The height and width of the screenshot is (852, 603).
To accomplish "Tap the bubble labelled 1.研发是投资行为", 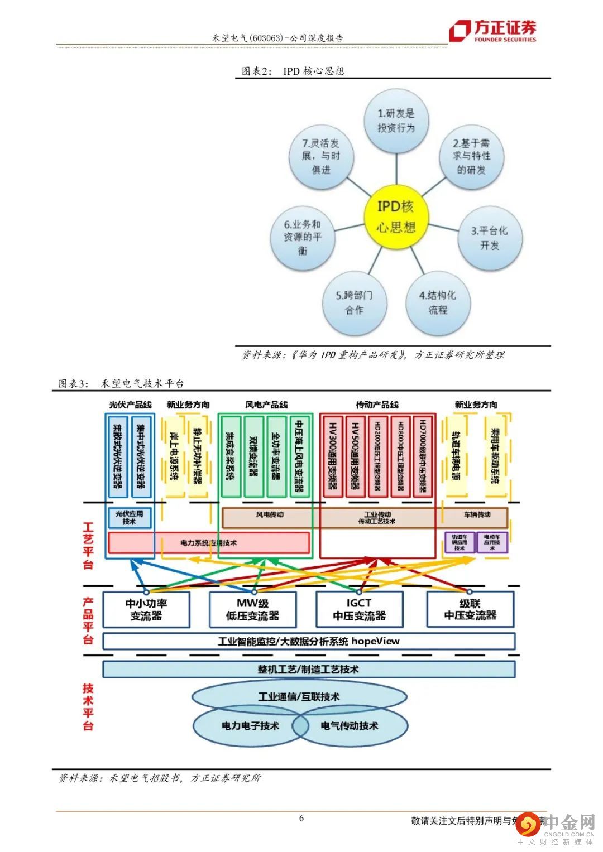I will [x=396, y=121].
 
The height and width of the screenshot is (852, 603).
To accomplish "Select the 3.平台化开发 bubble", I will [x=490, y=238].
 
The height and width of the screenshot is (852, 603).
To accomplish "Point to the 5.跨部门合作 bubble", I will [x=355, y=302].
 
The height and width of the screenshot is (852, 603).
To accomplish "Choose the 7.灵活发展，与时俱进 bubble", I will [x=321, y=156].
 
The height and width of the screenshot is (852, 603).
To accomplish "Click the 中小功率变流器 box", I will [x=146, y=610].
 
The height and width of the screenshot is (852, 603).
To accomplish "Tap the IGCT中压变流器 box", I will [x=359, y=610].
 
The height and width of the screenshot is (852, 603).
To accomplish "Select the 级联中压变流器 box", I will [x=470, y=610].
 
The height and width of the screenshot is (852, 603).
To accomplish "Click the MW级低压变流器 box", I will [x=252, y=610].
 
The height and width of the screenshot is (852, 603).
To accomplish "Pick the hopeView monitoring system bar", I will [x=309, y=641].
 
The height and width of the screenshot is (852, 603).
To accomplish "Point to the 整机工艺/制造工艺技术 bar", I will [x=309, y=669].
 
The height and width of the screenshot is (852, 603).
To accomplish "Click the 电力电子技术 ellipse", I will [x=250, y=726].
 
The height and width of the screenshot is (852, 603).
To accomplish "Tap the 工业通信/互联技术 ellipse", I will [x=299, y=696].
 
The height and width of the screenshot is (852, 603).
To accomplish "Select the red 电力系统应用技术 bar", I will [x=208, y=542].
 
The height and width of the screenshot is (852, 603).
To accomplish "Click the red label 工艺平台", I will [x=88, y=545].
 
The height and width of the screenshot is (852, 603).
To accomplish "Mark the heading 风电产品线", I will [x=266, y=405].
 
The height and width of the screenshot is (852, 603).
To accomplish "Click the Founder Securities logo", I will [x=493, y=31].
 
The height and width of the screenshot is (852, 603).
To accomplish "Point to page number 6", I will [x=301, y=819].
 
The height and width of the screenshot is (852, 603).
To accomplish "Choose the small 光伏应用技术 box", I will [x=129, y=517].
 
